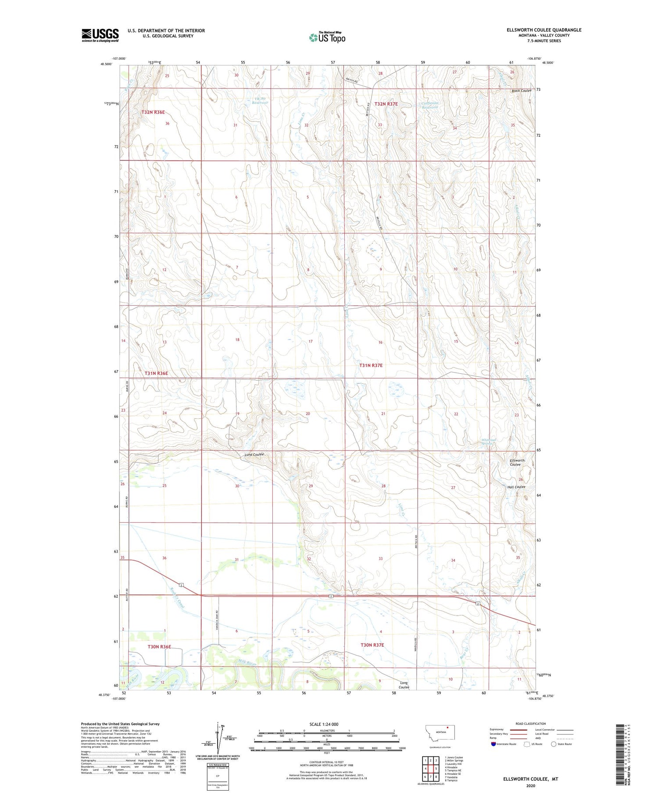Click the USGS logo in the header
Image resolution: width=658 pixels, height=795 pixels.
pyautogui.click(x=100, y=35)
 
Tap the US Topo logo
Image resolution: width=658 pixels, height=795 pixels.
pyautogui.click(x=327, y=38)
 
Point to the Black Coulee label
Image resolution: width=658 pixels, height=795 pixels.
pyautogui.click(x=521, y=91)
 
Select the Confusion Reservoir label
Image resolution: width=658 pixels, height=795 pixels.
pyautogui.click(x=430, y=105)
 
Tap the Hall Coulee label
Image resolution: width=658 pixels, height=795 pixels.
pyautogui.click(x=516, y=487)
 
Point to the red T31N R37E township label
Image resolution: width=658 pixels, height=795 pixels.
pyautogui.click(x=371, y=365)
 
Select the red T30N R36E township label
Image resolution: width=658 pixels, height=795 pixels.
pyautogui.click(x=159, y=647)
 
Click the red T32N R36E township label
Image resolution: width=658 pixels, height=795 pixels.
pyautogui.click(x=153, y=112)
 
